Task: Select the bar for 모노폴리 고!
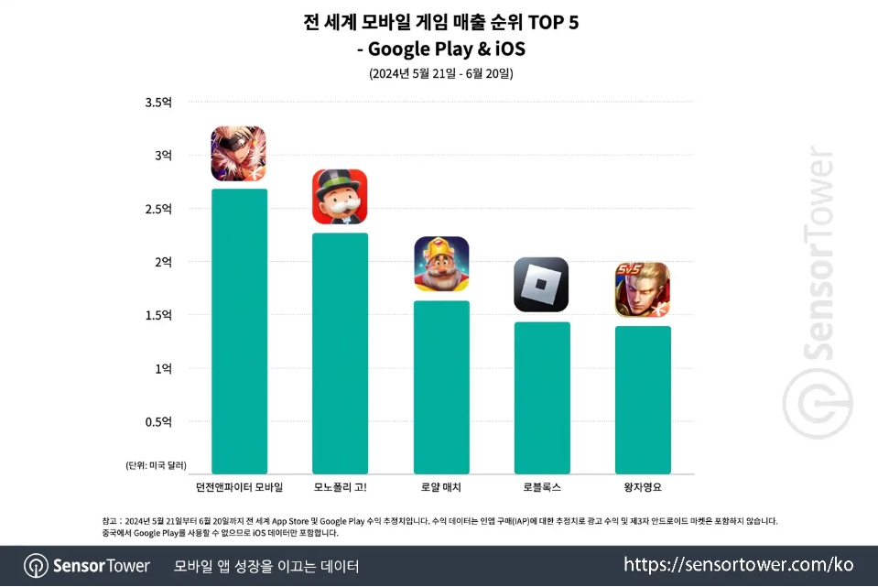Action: (x=340, y=353)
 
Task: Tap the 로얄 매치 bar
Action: (x=441, y=386)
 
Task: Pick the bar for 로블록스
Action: (x=542, y=397)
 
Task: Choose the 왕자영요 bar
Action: (x=643, y=399)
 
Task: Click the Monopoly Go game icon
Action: (x=340, y=196)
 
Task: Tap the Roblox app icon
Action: (x=541, y=284)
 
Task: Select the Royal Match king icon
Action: (x=441, y=264)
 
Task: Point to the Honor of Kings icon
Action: (x=642, y=289)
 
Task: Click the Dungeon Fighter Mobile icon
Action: (x=238, y=153)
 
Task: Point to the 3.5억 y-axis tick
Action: (x=158, y=103)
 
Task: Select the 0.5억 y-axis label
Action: (x=158, y=422)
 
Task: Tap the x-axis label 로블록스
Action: (x=542, y=485)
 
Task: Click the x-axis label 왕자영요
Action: (x=643, y=485)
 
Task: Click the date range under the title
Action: (x=440, y=73)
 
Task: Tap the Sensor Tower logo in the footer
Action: (x=87, y=565)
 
